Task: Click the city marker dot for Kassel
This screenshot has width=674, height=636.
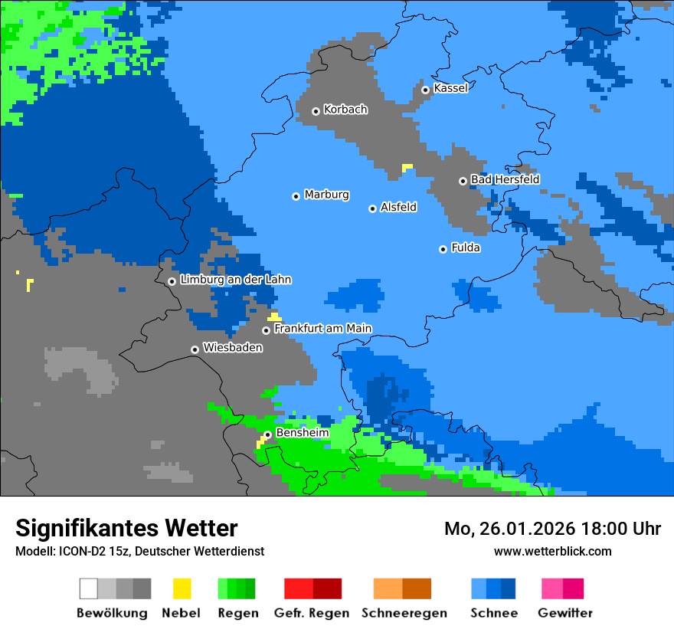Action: (425, 90)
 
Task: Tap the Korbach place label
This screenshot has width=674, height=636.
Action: (345, 110)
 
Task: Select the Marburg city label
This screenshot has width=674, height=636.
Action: (326, 195)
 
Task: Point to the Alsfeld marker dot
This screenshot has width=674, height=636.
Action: (372, 208)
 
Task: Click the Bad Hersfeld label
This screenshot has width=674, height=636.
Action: (505, 179)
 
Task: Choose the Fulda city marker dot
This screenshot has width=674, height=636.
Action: (443, 249)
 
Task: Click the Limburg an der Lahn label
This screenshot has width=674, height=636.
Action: (235, 280)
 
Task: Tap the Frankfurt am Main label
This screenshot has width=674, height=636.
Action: (322, 329)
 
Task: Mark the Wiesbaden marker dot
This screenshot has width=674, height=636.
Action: (195, 349)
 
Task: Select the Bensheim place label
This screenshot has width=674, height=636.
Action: (302, 433)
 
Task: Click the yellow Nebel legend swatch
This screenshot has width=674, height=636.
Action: (182, 588)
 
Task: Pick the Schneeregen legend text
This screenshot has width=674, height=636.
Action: (404, 613)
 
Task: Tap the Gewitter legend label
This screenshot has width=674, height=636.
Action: (564, 613)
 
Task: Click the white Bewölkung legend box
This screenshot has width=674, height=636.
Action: (89, 588)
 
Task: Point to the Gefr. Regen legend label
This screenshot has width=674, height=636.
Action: (311, 613)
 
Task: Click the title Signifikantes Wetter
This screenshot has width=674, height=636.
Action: (126, 528)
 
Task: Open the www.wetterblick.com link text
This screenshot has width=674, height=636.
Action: (552, 551)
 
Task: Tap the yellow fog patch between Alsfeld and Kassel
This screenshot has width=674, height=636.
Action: (407, 166)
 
